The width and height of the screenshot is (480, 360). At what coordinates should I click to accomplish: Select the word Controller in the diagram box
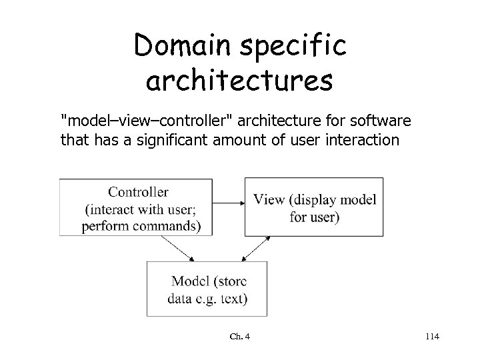pyautogui.click(x=138, y=192)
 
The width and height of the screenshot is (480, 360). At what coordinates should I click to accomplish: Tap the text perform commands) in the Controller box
pyautogui.click(x=140, y=225)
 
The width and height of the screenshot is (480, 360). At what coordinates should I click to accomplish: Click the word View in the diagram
pyautogui.click(x=269, y=200)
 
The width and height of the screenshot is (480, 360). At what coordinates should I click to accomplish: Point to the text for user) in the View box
pyautogui.click(x=315, y=217)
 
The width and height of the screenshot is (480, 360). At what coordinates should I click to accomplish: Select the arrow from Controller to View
pyautogui.click(x=228, y=201)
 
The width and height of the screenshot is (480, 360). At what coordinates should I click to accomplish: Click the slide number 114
pyautogui.click(x=431, y=337)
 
